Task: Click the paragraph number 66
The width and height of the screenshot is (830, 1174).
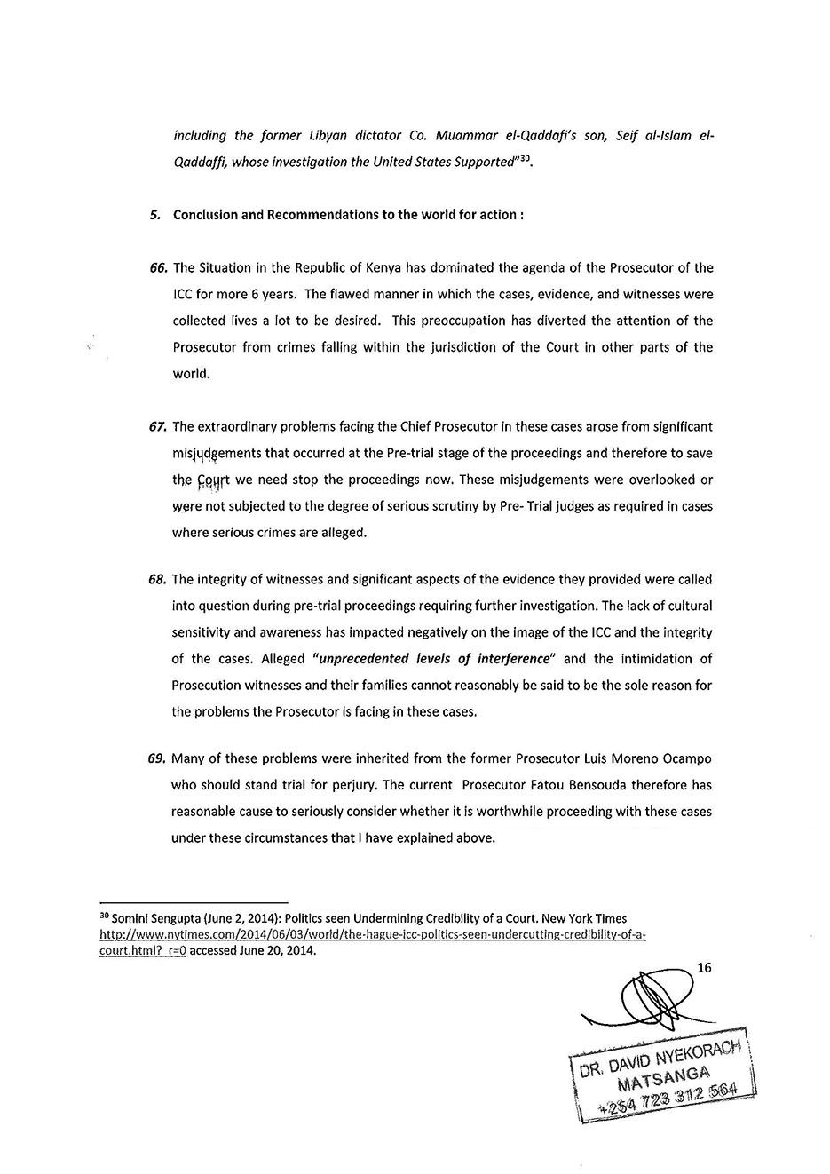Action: pos(159,268)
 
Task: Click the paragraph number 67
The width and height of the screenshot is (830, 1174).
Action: pos(159,427)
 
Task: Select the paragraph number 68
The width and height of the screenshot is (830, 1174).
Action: pos(159,580)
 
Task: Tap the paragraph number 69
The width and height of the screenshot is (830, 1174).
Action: pos(159,759)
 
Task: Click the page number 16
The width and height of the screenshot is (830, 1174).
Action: pos(705,968)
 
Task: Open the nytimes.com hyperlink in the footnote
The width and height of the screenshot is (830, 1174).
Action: pos(372,935)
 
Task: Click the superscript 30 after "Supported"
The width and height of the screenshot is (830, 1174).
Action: pos(526,158)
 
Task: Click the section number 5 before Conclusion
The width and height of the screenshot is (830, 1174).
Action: pos(154,215)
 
